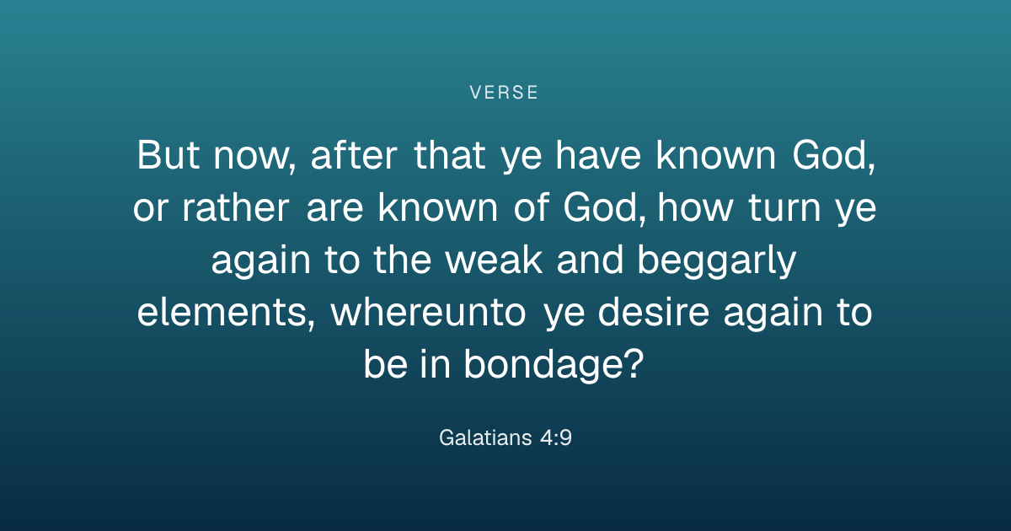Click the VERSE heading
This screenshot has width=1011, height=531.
(x=504, y=93)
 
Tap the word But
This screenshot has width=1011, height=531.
(x=168, y=155)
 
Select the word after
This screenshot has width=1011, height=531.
(x=354, y=155)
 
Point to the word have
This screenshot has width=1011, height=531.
(x=598, y=155)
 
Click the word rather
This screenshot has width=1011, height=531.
(x=236, y=207)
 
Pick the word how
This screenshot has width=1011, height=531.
(x=696, y=207)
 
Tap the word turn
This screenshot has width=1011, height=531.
(x=784, y=208)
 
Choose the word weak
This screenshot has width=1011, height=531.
(x=494, y=260)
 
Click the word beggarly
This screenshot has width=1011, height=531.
(x=717, y=262)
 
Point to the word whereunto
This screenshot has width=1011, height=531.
(x=428, y=312)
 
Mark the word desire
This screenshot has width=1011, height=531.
(x=654, y=312)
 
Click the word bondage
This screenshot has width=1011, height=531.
(x=545, y=366)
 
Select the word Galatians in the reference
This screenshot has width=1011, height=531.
(x=485, y=437)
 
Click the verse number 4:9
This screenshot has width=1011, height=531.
(x=555, y=437)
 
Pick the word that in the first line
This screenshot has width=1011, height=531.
(x=450, y=155)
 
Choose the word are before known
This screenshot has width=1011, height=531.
(x=334, y=210)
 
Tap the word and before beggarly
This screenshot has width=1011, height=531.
(x=591, y=260)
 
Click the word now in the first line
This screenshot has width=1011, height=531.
(x=255, y=158)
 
